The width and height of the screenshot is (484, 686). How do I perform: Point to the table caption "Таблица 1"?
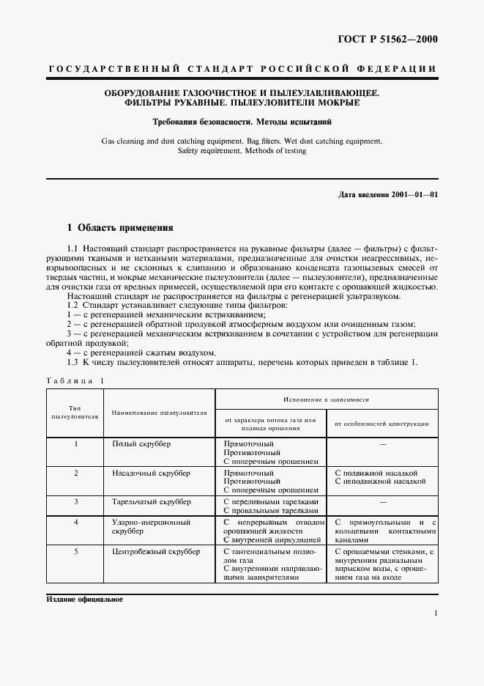point(75,380)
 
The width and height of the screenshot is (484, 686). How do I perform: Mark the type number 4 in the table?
point(75,523)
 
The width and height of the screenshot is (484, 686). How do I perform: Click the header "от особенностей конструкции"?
point(381,424)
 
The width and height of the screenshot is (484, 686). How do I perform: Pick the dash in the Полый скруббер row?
point(382,444)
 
